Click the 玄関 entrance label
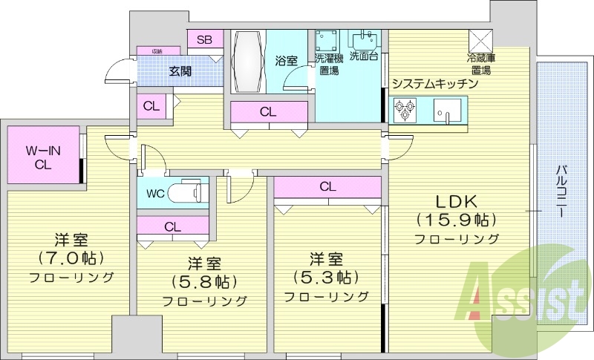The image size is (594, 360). point(180,72)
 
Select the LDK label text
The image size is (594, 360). point(455,201)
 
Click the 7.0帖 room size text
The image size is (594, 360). point(71,258)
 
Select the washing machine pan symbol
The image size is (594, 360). point(327,40)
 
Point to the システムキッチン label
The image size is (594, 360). point(434,84)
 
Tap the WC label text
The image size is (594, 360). point(155,194)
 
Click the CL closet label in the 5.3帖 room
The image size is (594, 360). point(328,187)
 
